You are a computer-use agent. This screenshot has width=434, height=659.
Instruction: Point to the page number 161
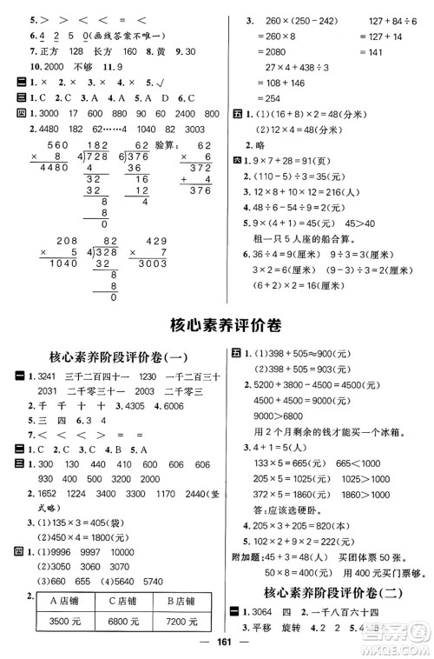point(218,647)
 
